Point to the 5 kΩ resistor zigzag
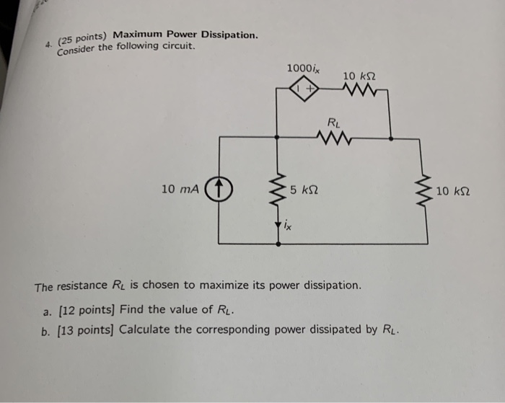278,190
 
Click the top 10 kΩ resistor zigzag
359,90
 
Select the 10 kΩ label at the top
359,75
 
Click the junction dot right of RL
390,136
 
